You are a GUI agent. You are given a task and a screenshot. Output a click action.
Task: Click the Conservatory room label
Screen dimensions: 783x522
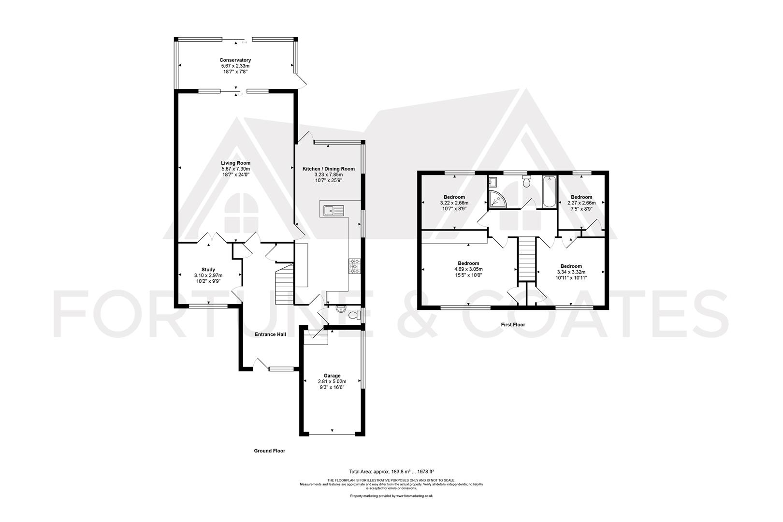pyautogui.click(x=235, y=60)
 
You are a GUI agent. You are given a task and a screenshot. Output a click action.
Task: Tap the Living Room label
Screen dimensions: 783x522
pyautogui.click(x=235, y=163)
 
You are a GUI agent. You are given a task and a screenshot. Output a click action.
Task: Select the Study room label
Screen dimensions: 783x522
pyautogui.click(x=208, y=270)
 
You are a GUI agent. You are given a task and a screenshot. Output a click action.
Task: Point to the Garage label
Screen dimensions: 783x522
pyautogui.click(x=332, y=376)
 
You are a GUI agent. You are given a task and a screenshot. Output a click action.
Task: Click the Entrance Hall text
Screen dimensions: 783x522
pyautogui.click(x=270, y=334)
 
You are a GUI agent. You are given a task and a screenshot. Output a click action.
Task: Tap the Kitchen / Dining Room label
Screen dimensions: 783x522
pyautogui.click(x=329, y=169)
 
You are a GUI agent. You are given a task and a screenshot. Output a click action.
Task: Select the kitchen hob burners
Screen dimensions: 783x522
pyautogui.click(x=354, y=266)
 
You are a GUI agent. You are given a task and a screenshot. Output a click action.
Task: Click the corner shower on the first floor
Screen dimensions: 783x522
pyautogui.click(x=497, y=199)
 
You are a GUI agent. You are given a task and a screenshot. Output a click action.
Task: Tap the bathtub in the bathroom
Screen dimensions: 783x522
pyautogui.click(x=549, y=192)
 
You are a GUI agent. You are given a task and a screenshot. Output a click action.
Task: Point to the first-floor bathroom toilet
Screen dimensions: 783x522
pyautogui.click(x=527, y=181)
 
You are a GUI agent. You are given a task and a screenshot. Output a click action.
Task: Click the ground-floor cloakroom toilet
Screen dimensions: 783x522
pyautogui.click(x=355, y=315)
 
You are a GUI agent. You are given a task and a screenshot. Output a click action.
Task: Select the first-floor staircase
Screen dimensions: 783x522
pyautogui.click(x=527, y=259)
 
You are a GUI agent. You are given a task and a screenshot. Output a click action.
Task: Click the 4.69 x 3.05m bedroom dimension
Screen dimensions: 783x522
pyautogui.click(x=468, y=269)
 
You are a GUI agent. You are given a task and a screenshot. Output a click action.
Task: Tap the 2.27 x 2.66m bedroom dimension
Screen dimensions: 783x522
pyautogui.click(x=581, y=203)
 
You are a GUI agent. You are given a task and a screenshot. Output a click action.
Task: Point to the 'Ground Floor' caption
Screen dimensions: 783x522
pyautogui.click(x=270, y=450)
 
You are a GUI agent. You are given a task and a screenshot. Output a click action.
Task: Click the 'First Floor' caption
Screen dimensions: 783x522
pyautogui.click(x=513, y=324)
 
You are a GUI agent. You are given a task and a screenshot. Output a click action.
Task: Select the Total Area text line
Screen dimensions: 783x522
pyautogui.click(x=391, y=471)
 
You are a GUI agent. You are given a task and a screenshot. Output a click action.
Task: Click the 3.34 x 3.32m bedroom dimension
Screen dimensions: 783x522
pyautogui.click(x=571, y=272)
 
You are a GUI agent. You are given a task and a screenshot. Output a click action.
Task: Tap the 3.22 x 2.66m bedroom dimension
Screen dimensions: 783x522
pyautogui.click(x=454, y=203)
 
